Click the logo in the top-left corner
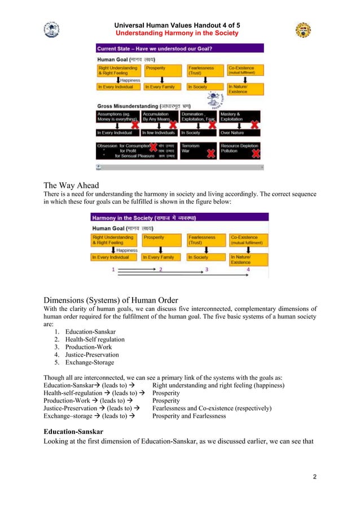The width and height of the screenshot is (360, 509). tap(51, 29)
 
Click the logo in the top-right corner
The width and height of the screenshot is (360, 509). tap(303, 30)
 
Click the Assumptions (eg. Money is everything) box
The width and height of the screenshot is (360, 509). tap(117, 117)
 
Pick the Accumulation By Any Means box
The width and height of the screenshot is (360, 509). tap(160, 117)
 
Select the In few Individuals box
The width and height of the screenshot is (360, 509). tap(160, 133)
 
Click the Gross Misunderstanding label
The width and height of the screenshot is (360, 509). tap(144, 106)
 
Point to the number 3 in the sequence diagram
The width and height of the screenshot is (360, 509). tap(207, 270)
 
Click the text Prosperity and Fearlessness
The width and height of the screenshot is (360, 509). tap(188, 416)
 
